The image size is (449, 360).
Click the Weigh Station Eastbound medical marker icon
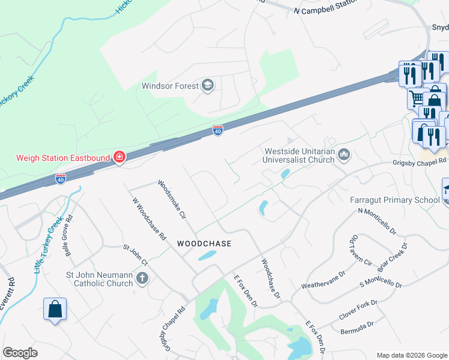tap(119, 157)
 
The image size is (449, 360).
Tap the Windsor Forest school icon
tap(208, 85)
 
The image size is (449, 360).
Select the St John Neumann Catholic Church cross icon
tap(142, 278)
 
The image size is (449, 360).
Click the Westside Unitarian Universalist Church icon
tap(345, 155)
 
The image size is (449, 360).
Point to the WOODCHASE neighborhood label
tap(204, 244)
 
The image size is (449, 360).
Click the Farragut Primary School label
tap(395, 200)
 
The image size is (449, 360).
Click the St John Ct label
tap(135, 254)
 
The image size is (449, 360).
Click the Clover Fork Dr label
tap(357, 310)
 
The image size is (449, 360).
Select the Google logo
tap(20, 353)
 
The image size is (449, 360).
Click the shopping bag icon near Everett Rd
tap(55, 310)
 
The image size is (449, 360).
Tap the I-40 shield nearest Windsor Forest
tap(217, 130)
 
